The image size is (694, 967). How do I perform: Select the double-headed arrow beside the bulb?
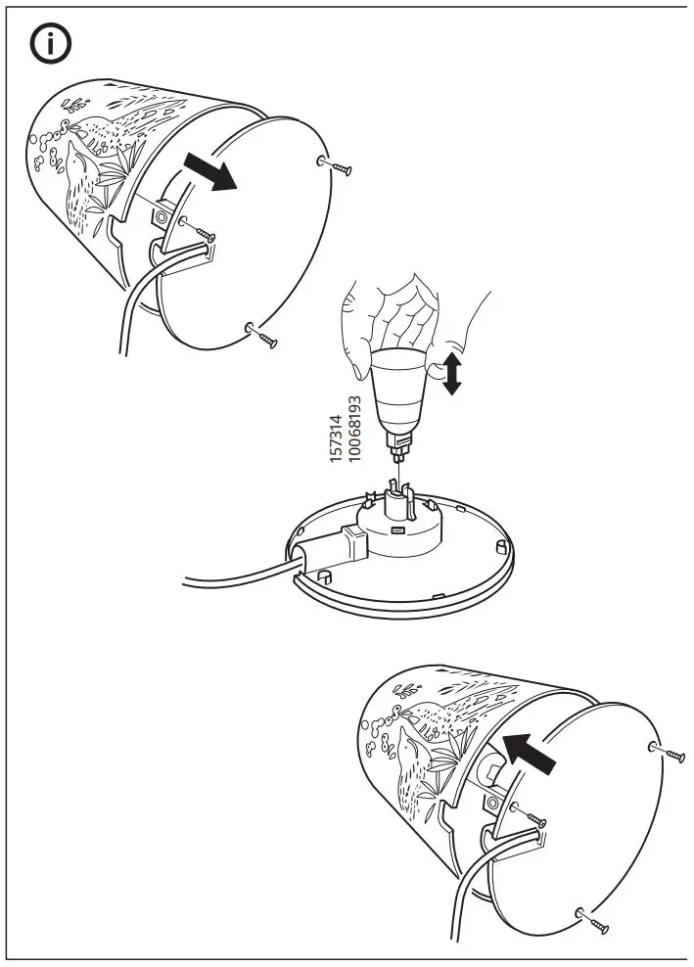tap(451, 374)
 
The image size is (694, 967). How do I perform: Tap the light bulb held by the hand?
tap(399, 391)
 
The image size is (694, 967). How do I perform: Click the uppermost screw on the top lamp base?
tap(338, 166)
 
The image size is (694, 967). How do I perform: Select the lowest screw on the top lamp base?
tap(263, 336)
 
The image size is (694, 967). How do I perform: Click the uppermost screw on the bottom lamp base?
tap(670, 753)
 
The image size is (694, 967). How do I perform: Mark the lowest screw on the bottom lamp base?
tap(594, 920)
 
